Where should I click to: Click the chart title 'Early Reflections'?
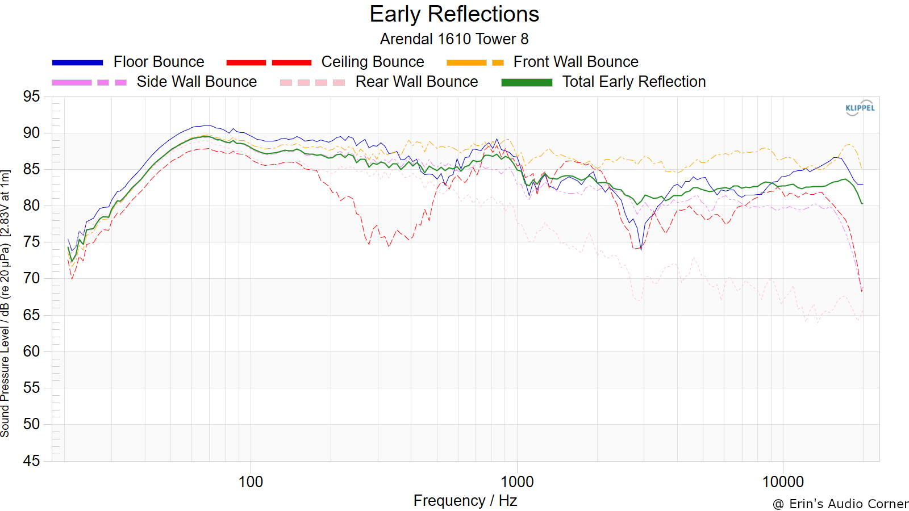click(454, 14)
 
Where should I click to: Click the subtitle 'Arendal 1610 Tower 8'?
click(454, 39)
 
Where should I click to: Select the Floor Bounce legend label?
click(159, 62)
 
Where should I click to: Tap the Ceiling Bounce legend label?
click(373, 62)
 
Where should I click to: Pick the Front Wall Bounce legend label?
click(576, 62)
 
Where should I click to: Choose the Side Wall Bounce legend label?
click(197, 82)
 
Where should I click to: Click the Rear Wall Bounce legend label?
click(417, 82)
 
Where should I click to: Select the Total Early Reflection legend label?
click(634, 82)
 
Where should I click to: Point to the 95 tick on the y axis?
click(32, 97)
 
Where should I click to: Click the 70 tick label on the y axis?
click(32, 279)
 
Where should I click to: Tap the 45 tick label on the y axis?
click(32, 460)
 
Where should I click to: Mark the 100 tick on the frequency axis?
click(251, 482)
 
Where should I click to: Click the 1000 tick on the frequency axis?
click(516, 482)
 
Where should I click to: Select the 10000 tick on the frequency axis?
click(783, 482)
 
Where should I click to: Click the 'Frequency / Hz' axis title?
click(465, 501)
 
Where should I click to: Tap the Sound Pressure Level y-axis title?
click(5, 303)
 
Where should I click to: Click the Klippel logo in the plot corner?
click(860, 108)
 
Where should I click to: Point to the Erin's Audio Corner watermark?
click(840, 504)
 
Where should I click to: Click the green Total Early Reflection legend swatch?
click(527, 83)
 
